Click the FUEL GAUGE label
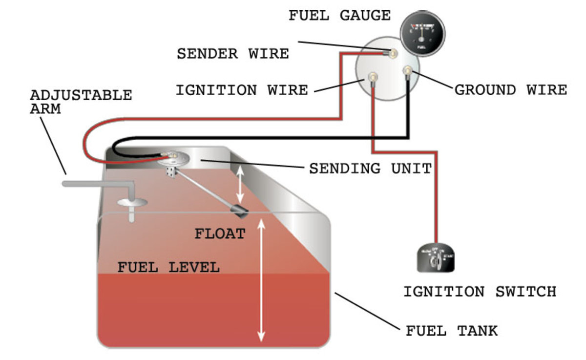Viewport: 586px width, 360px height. [x=339, y=16]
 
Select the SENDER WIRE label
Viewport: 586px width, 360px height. [x=232, y=53]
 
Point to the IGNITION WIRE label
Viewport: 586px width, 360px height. [x=242, y=90]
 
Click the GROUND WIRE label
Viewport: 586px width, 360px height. [x=511, y=90]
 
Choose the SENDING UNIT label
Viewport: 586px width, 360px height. [x=371, y=169]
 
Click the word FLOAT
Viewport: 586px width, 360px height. [x=220, y=233]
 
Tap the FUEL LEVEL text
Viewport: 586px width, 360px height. [x=168, y=268]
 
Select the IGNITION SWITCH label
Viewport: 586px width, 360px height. [x=480, y=292]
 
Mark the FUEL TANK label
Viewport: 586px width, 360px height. [x=452, y=331]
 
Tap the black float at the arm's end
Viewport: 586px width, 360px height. [x=240, y=211]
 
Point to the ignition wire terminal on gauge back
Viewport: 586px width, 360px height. [x=373, y=77]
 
